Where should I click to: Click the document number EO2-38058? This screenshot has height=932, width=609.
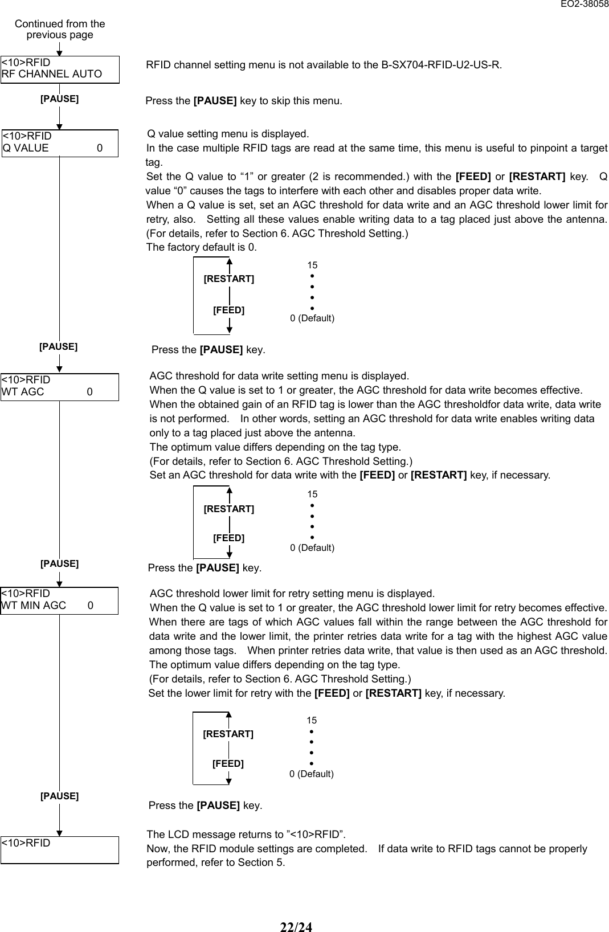584,5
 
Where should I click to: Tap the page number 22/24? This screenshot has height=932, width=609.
296,927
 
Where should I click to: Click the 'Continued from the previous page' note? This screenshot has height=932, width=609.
60,29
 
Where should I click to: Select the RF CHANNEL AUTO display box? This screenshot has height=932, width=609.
60,69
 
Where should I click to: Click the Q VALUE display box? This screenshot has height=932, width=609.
60,142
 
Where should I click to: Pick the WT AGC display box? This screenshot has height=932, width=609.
60,386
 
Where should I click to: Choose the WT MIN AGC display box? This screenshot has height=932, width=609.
60,600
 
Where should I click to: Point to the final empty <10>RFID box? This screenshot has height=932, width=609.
60,849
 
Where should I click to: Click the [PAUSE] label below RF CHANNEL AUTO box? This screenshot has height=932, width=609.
59,99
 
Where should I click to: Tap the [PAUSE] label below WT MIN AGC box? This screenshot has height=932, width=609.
59,796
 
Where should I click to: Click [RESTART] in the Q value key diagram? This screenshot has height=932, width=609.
229,279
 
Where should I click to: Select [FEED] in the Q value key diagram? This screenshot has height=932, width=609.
229,310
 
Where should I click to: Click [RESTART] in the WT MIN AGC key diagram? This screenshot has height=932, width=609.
228,734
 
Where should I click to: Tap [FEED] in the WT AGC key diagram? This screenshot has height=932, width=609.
229,538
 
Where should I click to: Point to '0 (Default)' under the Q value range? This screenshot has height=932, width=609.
312,318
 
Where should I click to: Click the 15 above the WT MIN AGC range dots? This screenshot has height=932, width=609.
312,721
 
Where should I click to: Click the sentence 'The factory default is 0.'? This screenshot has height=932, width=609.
202,247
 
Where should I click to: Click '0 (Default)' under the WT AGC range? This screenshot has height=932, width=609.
312,547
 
